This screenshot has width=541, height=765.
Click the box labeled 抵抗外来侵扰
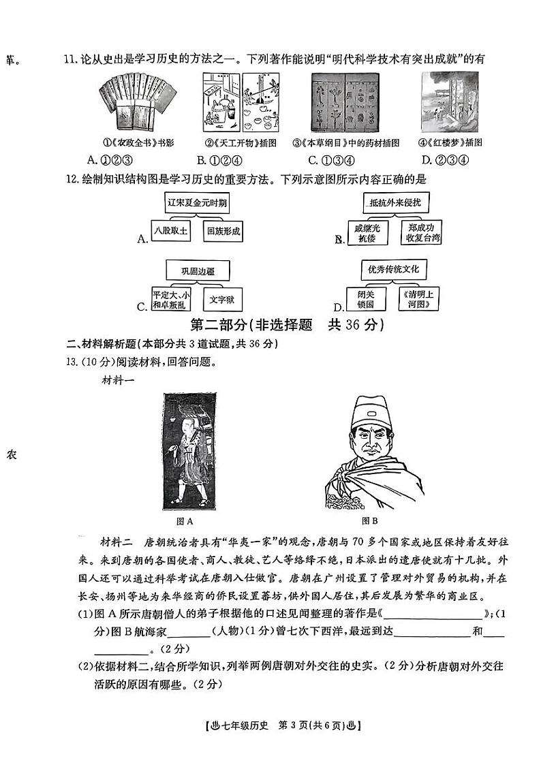[x=395, y=202]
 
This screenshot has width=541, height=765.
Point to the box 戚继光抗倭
[x=367, y=232]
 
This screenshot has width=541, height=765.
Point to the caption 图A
[x=185, y=521]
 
